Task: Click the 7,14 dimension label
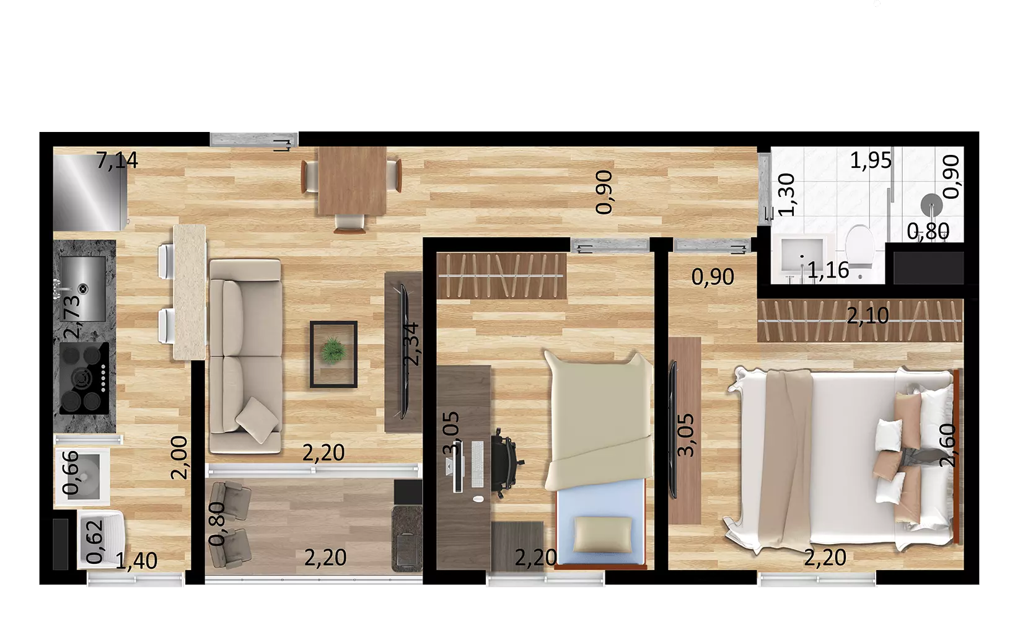[x=117, y=160]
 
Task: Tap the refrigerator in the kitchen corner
[x=90, y=193]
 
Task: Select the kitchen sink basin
[x=84, y=289]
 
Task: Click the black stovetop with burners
[x=84, y=379]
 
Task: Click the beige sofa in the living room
[x=245, y=356]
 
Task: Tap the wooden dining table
[x=353, y=181]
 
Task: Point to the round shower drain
[x=931, y=205]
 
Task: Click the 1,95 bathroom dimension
[x=871, y=160]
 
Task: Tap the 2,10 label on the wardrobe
[x=868, y=315]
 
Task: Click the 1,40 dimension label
[x=136, y=561]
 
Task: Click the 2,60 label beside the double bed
[x=947, y=446]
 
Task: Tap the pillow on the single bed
[x=603, y=535]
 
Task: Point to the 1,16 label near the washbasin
[x=828, y=271]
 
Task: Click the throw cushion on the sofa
[x=257, y=420]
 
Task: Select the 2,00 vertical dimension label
[x=179, y=458]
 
